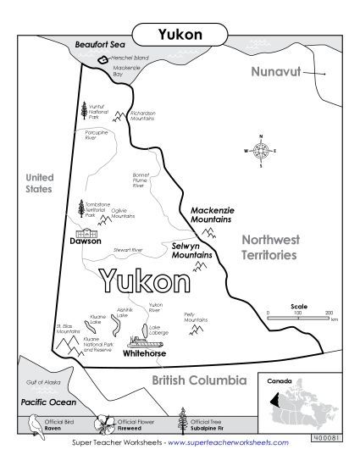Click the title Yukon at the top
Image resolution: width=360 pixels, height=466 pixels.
pos(180,35)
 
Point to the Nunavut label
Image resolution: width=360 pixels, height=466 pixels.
pos(277,73)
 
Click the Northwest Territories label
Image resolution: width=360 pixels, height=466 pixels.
pos(268,247)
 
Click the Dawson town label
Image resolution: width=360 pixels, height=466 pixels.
pos(86,241)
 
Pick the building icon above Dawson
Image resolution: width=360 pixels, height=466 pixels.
pos(86,231)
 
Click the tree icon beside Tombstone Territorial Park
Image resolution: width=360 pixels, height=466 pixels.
pos(81,208)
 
